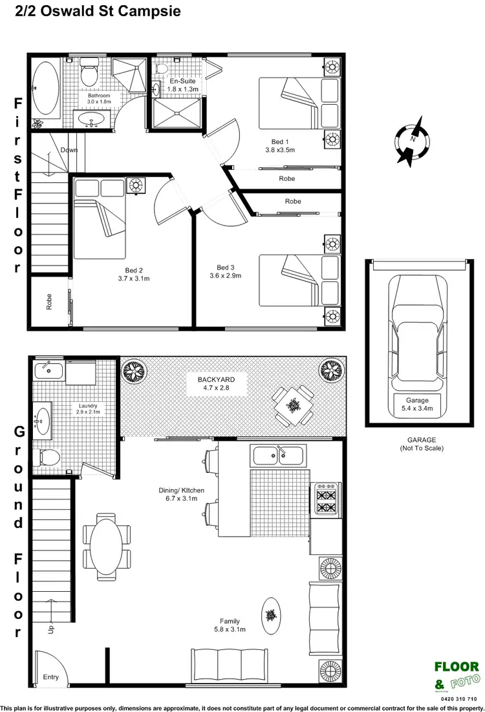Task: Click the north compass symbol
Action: point(411,140)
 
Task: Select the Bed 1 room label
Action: point(280,145)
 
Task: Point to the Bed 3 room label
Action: point(229,271)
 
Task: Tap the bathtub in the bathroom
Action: point(45,88)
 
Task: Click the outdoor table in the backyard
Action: point(294,405)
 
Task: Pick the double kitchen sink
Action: point(278,455)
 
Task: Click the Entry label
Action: point(50,677)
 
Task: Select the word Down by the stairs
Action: point(69,150)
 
